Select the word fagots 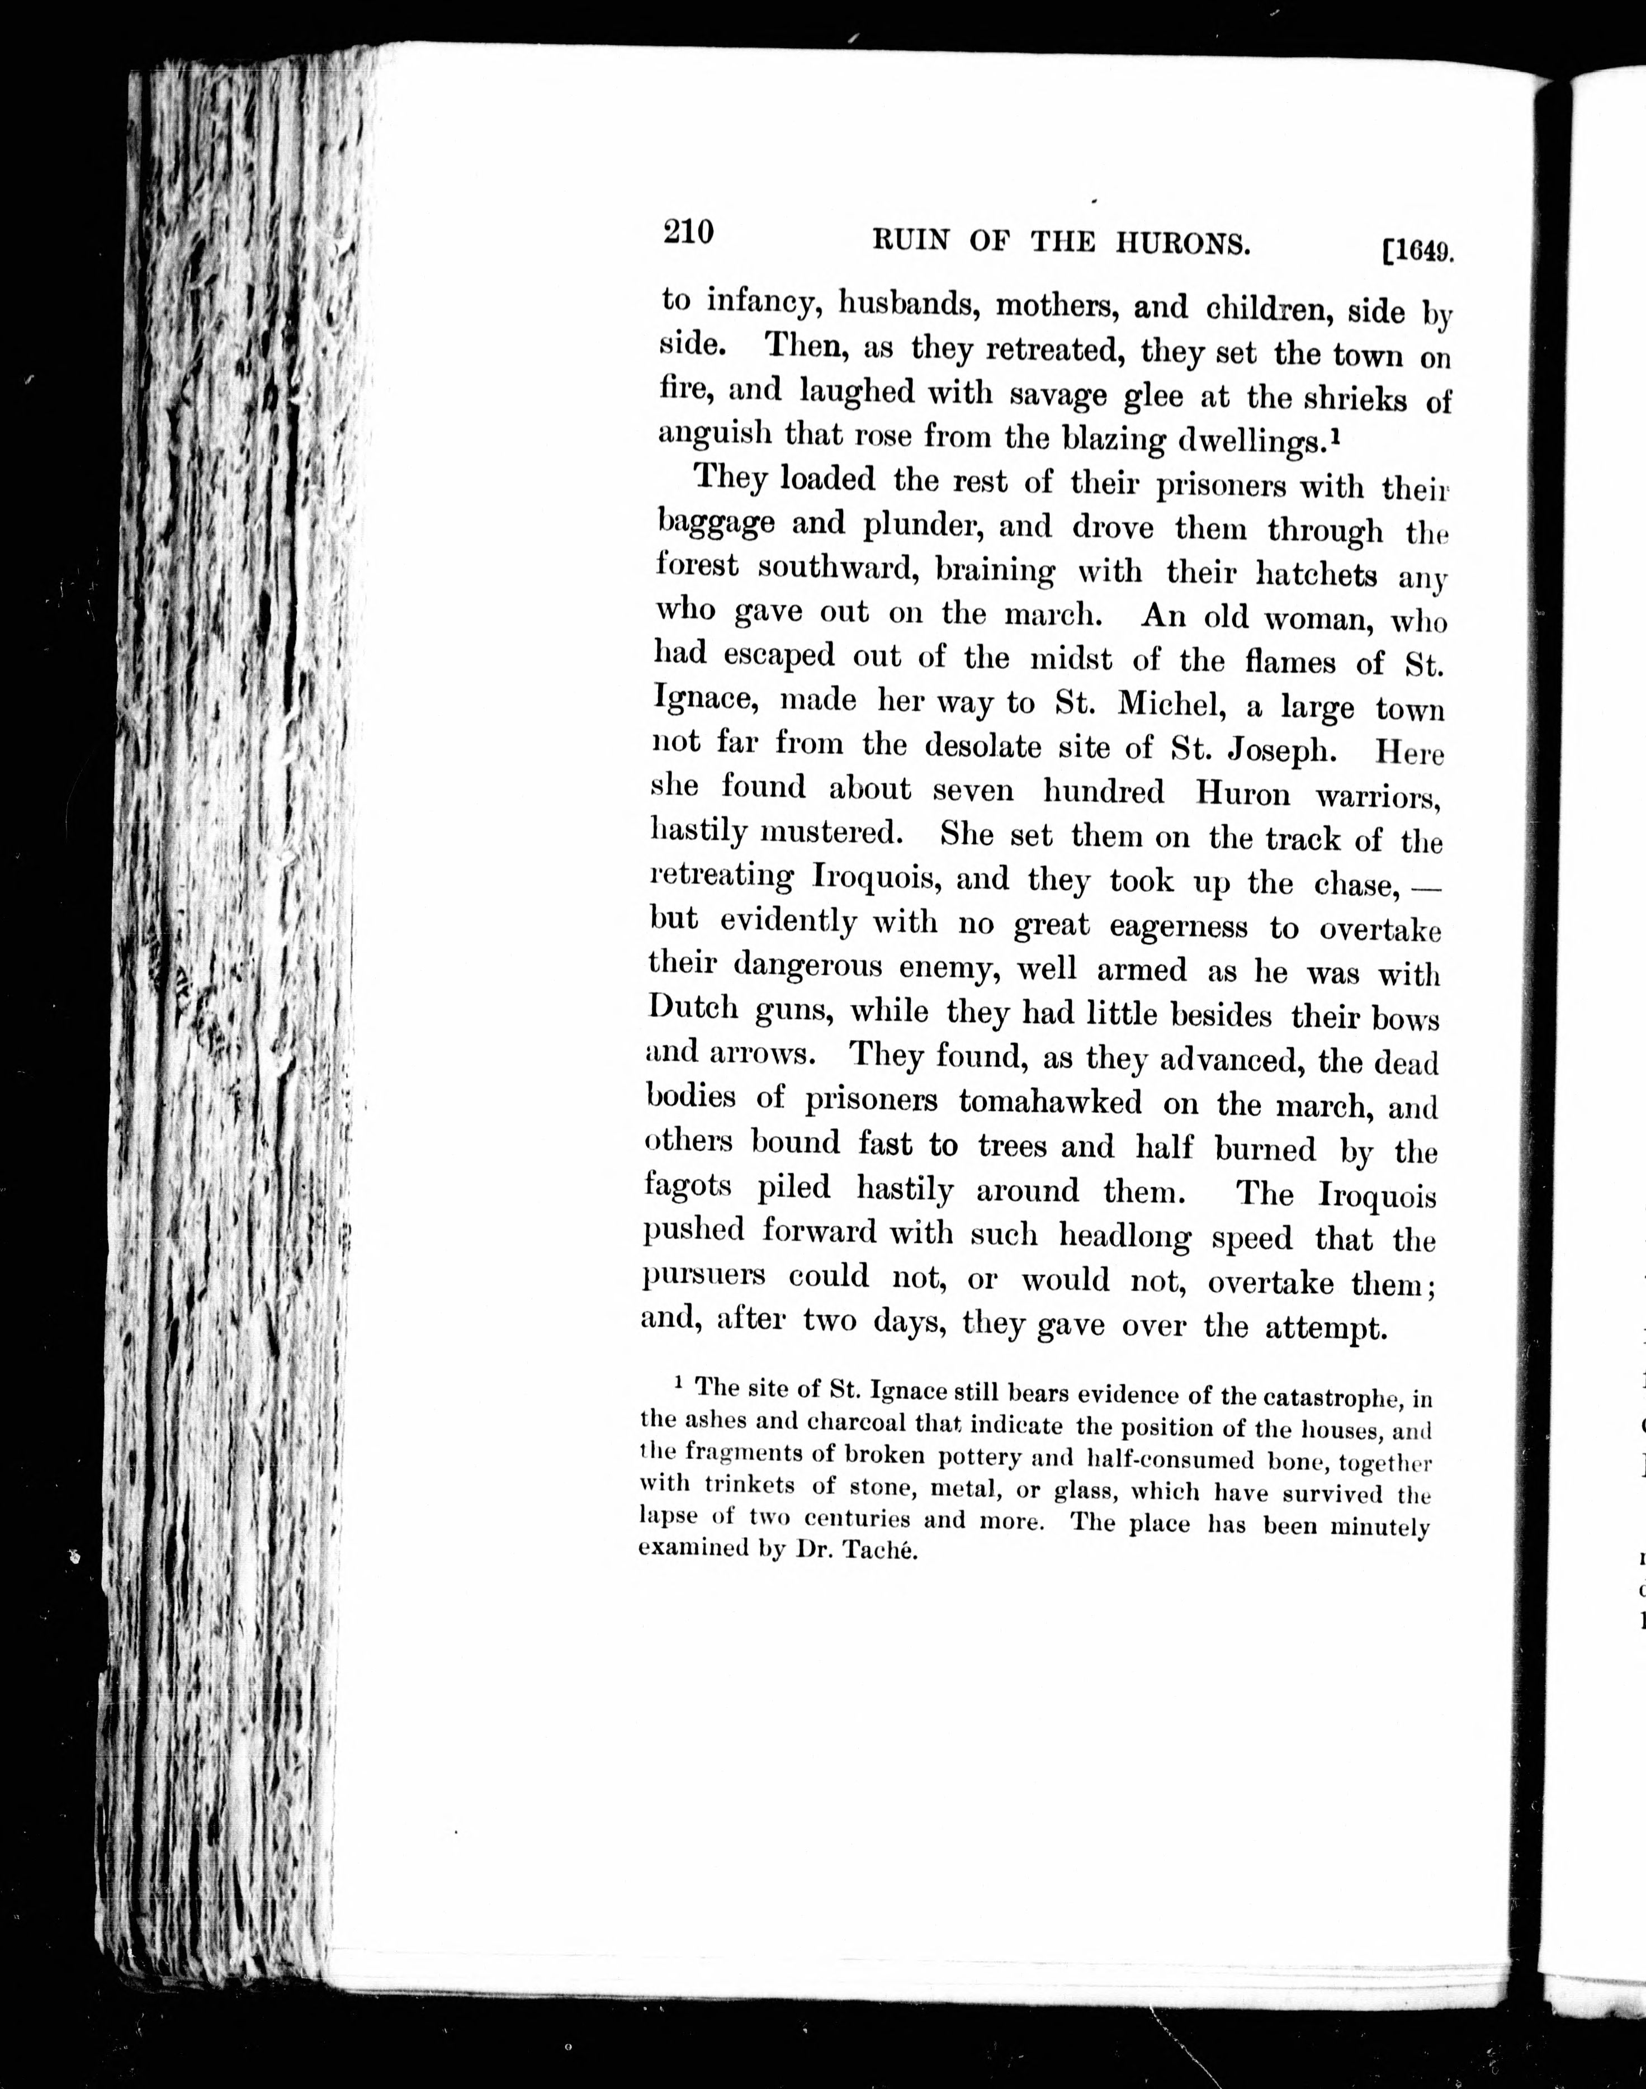688,1187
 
